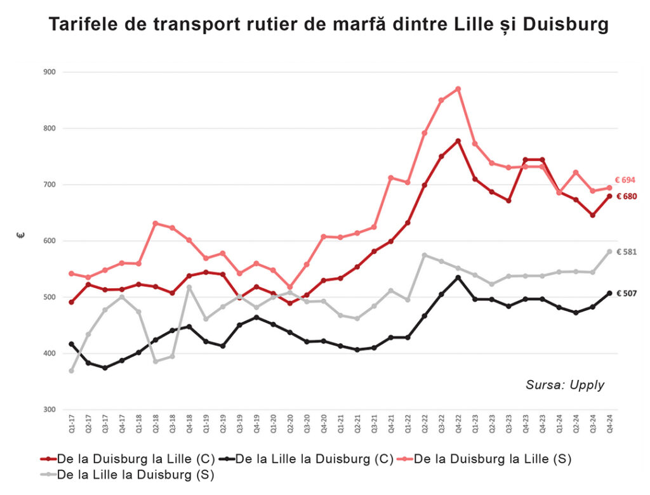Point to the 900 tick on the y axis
[x=50, y=72]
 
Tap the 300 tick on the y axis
[x=50, y=410]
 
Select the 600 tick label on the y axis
[x=50, y=241]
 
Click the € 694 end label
[x=625, y=180]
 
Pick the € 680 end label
[x=626, y=197]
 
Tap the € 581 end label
[x=626, y=252]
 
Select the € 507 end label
[x=626, y=293]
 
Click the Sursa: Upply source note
[x=565, y=385]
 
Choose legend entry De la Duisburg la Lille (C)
[x=127, y=459]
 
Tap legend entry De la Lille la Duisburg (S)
[x=127, y=474]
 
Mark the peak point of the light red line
[x=458, y=89]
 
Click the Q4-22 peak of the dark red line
[x=458, y=141]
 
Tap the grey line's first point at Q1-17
[x=71, y=371]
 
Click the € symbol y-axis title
[x=21, y=235]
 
